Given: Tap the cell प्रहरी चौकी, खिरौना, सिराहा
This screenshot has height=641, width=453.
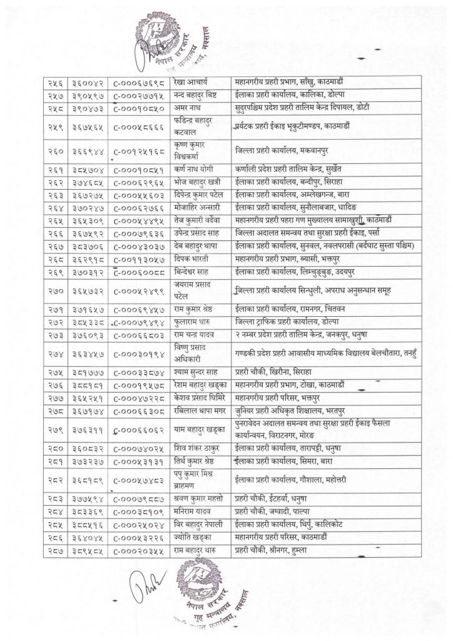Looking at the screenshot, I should pyautogui.click(x=276, y=371).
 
